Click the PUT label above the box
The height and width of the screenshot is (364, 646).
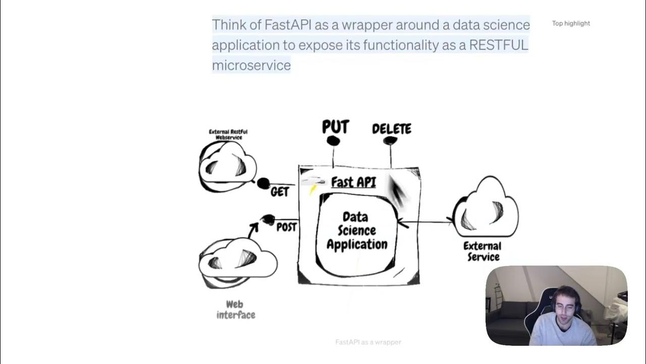[x=336, y=127]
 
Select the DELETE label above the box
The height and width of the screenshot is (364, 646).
[x=392, y=129]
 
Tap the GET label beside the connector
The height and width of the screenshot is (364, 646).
[x=280, y=192]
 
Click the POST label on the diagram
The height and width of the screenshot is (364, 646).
[x=286, y=227]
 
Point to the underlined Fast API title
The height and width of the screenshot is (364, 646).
[x=353, y=182]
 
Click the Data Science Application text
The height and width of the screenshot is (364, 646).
[x=357, y=231]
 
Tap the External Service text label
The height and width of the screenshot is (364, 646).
[x=482, y=251]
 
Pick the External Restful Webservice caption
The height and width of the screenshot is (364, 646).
[x=228, y=134]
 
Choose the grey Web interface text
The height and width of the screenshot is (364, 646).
[x=236, y=309]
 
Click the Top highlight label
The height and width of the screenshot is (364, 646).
[x=571, y=23]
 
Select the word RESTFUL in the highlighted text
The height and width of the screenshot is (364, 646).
[x=498, y=45]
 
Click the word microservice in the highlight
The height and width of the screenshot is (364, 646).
[x=251, y=65]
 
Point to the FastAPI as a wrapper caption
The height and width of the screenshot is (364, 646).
[x=368, y=342]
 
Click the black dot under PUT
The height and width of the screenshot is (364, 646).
[x=333, y=141]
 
